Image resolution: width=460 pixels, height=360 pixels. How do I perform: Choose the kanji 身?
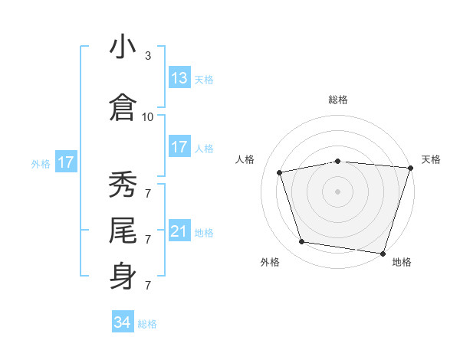pyautogui.click(x=123, y=274)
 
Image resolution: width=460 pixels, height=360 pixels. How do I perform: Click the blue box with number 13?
pyautogui.click(x=179, y=79)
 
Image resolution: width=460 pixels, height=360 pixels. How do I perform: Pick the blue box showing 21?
pyautogui.click(x=179, y=231)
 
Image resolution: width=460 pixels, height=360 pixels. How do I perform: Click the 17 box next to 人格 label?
pyautogui.click(x=179, y=147)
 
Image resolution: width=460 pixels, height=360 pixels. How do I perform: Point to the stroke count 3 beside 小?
pyautogui.click(x=148, y=56)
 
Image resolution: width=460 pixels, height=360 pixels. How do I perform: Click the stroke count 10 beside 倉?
pyautogui.click(x=148, y=117)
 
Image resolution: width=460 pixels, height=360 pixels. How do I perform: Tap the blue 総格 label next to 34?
pyautogui.click(x=147, y=324)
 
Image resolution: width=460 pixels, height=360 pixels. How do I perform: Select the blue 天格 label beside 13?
pyautogui.click(x=204, y=80)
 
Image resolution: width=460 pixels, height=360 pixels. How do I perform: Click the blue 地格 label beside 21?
pyautogui.click(x=204, y=232)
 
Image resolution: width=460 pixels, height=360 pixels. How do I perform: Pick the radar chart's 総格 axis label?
pyautogui.click(x=338, y=100)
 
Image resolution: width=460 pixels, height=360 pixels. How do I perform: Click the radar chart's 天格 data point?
pyautogui.click(x=410, y=168)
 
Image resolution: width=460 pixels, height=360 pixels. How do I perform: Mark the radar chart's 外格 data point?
pyautogui.click(x=302, y=242)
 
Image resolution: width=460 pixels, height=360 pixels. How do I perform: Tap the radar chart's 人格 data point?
pyautogui.click(x=280, y=172)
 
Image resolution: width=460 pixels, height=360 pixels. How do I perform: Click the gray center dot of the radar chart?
pyautogui.click(x=338, y=191)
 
